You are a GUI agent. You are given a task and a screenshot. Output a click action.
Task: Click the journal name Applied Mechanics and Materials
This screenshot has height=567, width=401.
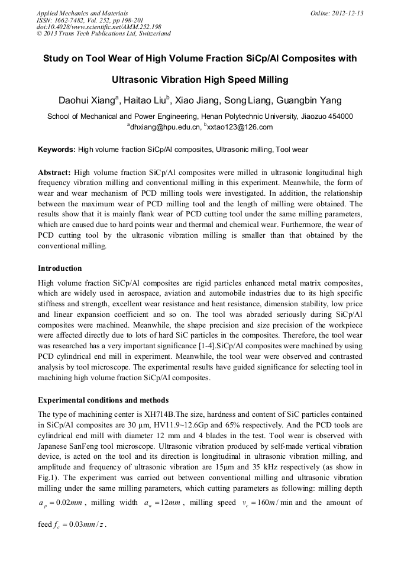(82, 13)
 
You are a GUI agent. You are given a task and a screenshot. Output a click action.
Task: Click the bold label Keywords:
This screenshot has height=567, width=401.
(56, 150)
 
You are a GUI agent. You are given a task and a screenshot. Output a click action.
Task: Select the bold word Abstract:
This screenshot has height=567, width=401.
(54, 173)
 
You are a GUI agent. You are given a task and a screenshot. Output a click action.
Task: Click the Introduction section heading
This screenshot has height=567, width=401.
(60, 268)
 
